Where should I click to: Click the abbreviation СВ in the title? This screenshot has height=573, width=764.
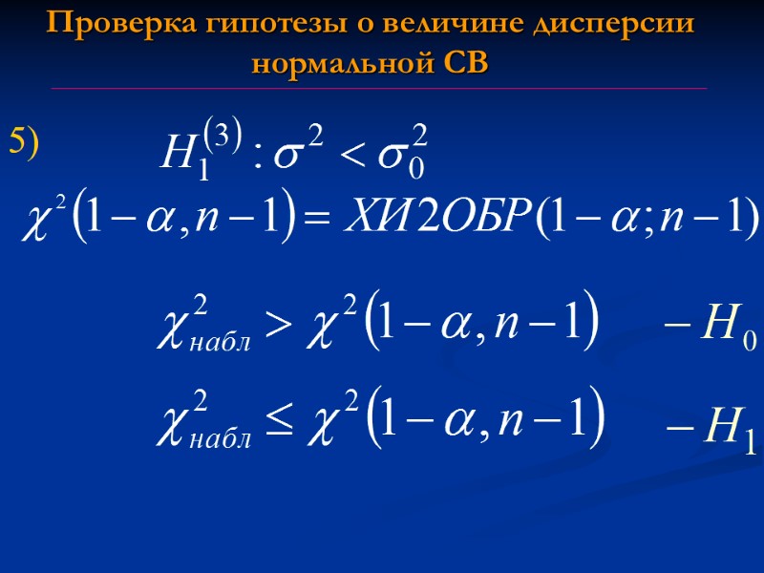tap(466, 64)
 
